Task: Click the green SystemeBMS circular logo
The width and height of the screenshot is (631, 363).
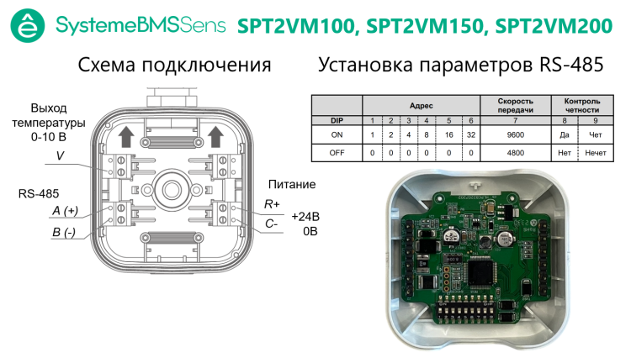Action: pyautogui.click(x=28, y=25)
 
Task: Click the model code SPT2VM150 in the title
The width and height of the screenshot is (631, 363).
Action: pyautogui.click(x=425, y=27)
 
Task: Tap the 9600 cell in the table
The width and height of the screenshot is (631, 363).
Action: pyautogui.click(x=516, y=135)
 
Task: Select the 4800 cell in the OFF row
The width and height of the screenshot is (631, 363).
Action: pyautogui.click(x=516, y=153)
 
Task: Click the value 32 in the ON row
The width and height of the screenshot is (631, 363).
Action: pyautogui.click(x=471, y=135)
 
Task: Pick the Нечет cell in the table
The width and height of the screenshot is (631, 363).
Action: pyautogui.click(x=595, y=153)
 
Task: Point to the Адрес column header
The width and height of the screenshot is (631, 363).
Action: pyautogui.click(x=421, y=106)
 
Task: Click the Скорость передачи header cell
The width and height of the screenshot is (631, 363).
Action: pyautogui.click(x=516, y=105)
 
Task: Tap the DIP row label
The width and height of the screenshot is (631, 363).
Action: pyautogui.click(x=337, y=120)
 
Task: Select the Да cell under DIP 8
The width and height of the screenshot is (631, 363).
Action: pyautogui.click(x=565, y=135)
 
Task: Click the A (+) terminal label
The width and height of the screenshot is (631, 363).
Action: pyautogui.click(x=65, y=211)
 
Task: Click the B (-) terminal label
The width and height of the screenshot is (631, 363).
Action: pyautogui.click(x=64, y=233)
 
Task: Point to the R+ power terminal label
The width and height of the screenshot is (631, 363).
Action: pyautogui.click(x=272, y=204)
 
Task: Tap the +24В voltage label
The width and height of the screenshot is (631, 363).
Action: pyautogui.click(x=305, y=217)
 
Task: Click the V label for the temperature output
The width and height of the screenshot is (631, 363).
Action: pyautogui.click(x=60, y=155)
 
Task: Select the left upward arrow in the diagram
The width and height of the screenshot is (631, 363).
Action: pyautogui.click(x=126, y=137)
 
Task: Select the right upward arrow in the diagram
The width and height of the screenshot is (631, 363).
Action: pyautogui.click(x=215, y=137)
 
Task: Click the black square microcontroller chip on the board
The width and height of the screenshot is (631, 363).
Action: pyautogui.click(x=483, y=273)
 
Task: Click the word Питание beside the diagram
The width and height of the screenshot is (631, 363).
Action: pyautogui.click(x=292, y=185)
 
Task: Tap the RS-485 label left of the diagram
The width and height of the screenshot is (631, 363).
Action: pyautogui.click(x=39, y=194)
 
